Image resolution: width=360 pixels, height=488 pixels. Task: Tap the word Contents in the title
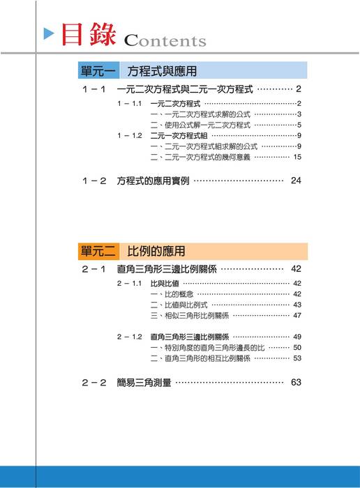165,40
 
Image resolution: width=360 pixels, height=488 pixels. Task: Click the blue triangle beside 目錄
49,33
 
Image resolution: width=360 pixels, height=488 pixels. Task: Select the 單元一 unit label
98,71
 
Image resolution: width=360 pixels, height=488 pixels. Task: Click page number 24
297,181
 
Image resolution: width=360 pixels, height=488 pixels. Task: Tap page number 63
297,382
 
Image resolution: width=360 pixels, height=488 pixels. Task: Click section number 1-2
93,181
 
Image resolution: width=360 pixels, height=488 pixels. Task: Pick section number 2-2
93,382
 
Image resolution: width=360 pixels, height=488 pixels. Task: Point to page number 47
297,315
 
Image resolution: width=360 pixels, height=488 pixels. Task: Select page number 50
297,347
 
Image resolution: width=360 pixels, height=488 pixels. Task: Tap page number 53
297,358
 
